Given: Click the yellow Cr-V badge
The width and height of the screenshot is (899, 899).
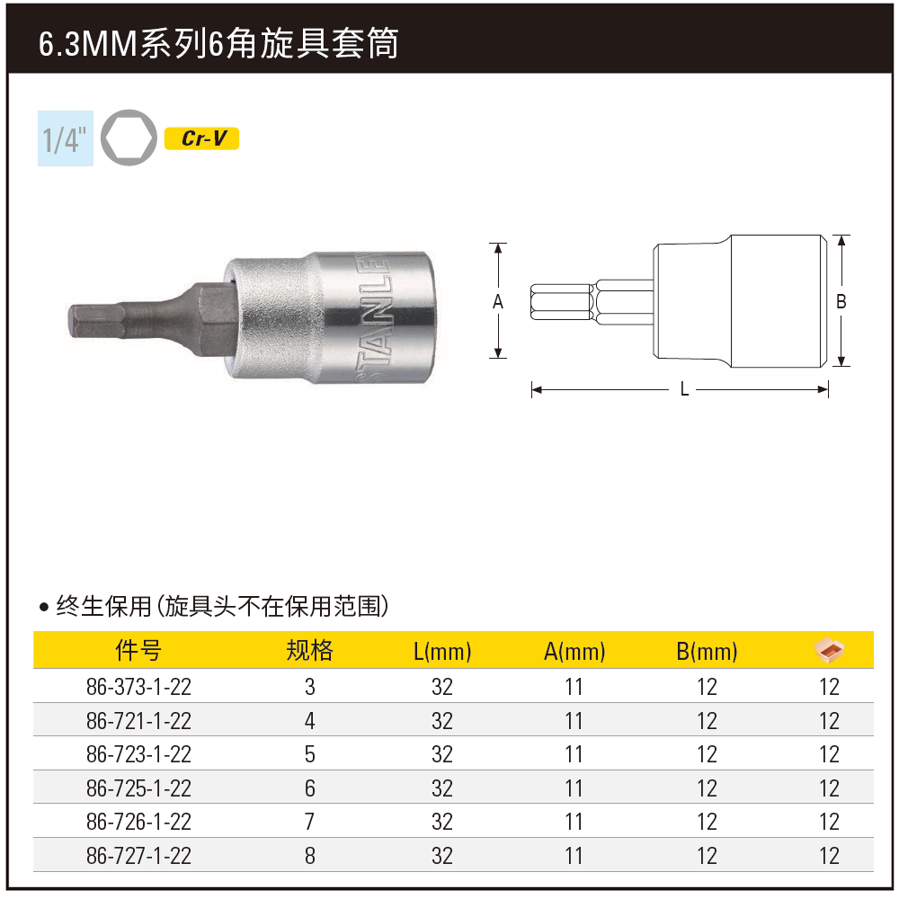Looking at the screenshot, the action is (x=201, y=138).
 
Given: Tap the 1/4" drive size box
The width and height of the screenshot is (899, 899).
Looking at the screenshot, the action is (x=66, y=138).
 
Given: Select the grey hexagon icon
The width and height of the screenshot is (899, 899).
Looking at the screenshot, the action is (x=129, y=138).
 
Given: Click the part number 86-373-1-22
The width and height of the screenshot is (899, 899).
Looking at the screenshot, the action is (x=138, y=687).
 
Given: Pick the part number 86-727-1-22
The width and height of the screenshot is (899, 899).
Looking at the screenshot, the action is (x=138, y=856).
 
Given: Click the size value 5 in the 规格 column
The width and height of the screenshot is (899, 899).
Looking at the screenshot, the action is (x=309, y=754).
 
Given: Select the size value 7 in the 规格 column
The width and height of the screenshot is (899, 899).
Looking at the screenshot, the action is (x=309, y=823).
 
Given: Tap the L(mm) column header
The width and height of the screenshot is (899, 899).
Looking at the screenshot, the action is (x=442, y=652).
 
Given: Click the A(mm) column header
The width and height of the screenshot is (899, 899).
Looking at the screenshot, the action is (x=574, y=652).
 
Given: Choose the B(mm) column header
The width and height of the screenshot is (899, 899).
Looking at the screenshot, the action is (x=707, y=652).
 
